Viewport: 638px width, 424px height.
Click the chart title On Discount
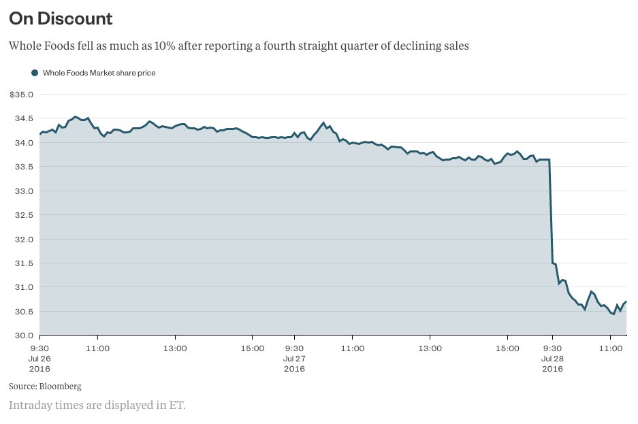coord(61,18)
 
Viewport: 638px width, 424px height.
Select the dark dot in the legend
coord(35,73)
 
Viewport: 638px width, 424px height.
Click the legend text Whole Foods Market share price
coord(99,73)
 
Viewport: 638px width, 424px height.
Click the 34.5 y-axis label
coord(24,118)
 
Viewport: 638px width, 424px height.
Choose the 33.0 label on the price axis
coord(24,191)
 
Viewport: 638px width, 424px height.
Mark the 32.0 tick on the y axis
coord(24,240)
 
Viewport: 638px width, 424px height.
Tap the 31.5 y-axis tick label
coord(24,263)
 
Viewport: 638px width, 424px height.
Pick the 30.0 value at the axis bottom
coord(24,336)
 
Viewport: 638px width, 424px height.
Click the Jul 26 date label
coord(39,358)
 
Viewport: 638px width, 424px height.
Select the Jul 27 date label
coord(294,358)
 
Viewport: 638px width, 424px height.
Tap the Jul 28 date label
coord(552,358)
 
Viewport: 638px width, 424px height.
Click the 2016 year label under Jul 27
coord(294,369)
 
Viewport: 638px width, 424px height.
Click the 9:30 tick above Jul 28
coord(552,348)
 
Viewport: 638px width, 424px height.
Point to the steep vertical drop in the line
coord(550,211)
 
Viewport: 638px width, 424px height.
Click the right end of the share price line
coord(626,301)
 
